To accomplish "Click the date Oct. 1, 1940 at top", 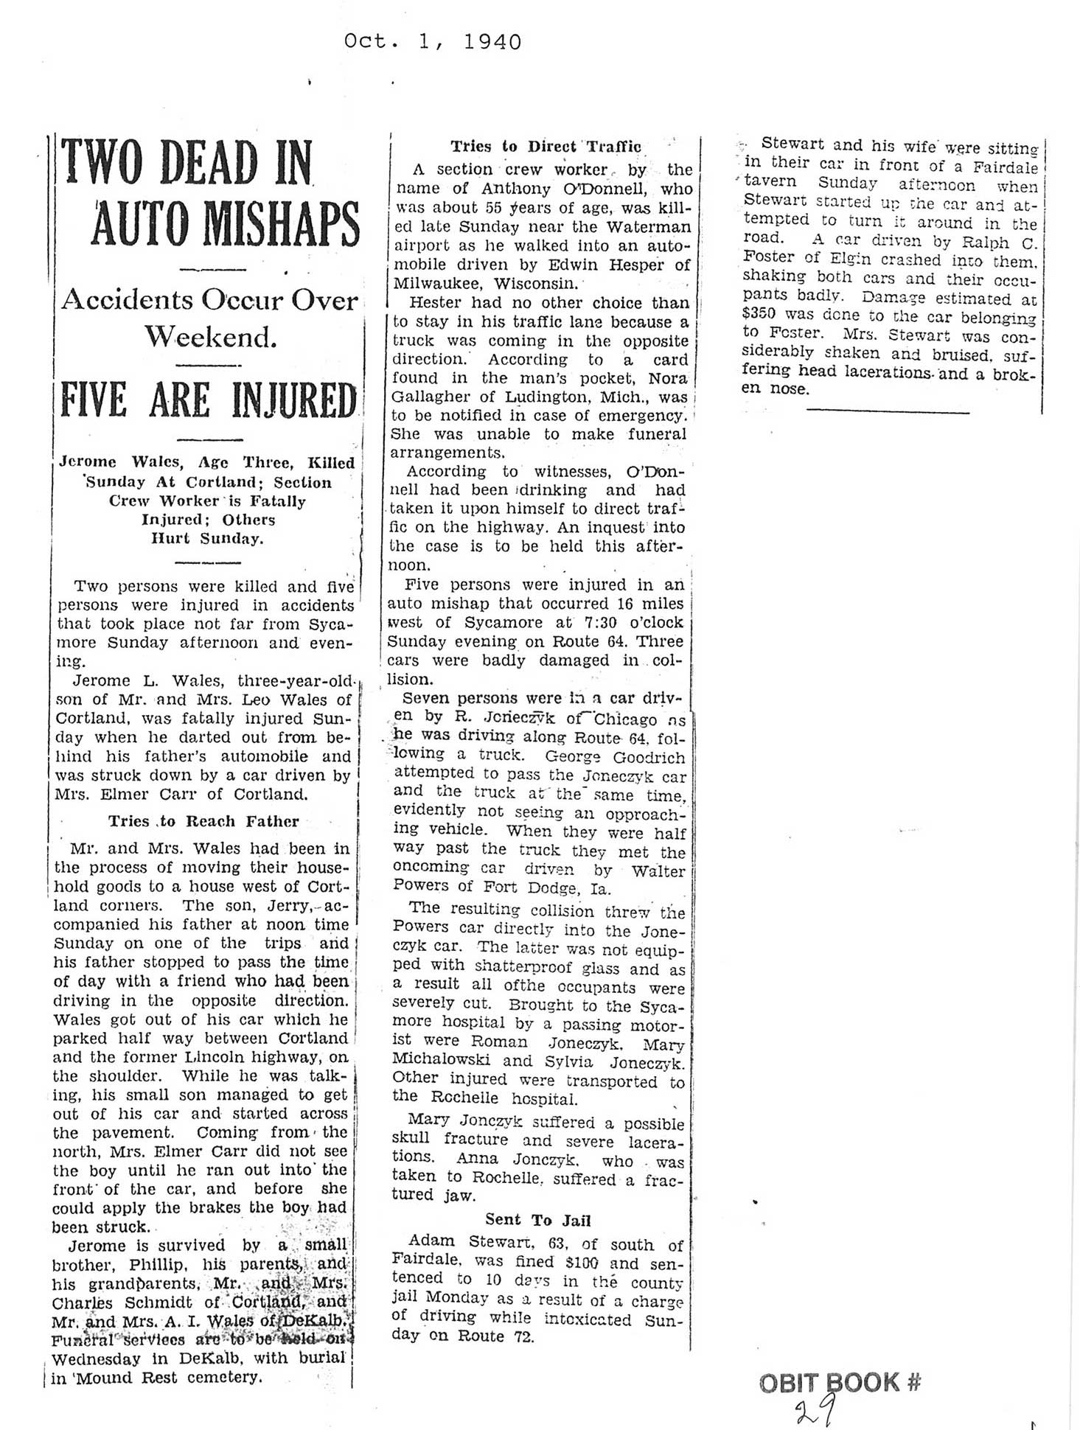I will [433, 42].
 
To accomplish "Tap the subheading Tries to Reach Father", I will [203, 821].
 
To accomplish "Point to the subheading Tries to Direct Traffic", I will [546, 146].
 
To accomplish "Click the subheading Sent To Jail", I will [538, 1219].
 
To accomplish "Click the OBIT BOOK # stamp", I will [840, 1381].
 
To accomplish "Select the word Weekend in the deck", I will [210, 337].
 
